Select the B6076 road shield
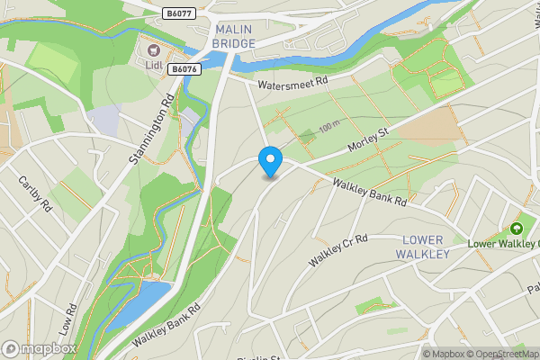click(184, 68)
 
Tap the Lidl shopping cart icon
click(150, 50)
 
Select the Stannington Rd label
click(149, 129)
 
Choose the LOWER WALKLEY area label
click(425, 247)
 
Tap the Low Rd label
click(68, 319)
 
